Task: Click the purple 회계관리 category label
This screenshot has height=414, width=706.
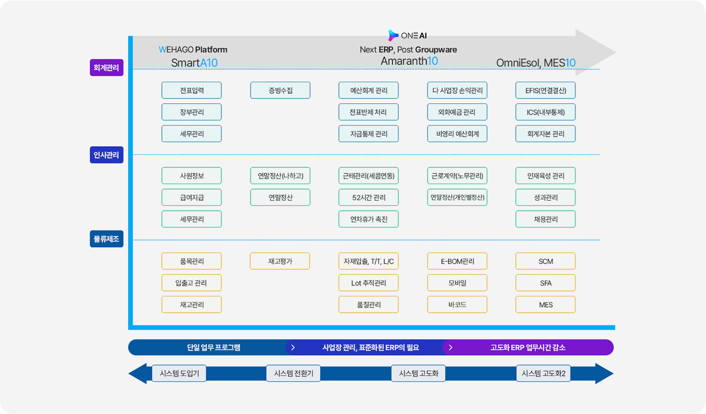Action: pyautogui.click(x=106, y=68)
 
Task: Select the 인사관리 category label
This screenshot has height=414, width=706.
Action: pyautogui.click(x=106, y=155)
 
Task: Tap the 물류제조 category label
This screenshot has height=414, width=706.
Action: pyautogui.click(x=106, y=239)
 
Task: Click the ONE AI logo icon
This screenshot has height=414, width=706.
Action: pyautogui.click(x=393, y=35)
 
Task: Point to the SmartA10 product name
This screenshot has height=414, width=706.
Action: pyautogui.click(x=194, y=63)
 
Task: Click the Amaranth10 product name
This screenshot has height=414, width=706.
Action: pyautogui.click(x=409, y=61)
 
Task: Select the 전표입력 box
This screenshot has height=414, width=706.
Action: pyautogui.click(x=192, y=90)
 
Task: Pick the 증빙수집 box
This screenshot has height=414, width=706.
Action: pyautogui.click(x=280, y=90)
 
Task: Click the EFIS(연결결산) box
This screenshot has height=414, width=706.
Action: pyautogui.click(x=546, y=90)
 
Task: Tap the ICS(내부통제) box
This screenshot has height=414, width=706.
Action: pyautogui.click(x=546, y=112)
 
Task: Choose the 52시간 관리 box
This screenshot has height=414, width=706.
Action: pyautogui.click(x=369, y=198)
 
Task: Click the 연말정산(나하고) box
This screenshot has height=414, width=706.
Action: pyautogui.click(x=280, y=176)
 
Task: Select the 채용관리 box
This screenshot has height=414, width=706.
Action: pyautogui.click(x=546, y=219)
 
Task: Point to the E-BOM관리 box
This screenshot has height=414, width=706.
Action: pyautogui.click(x=457, y=261)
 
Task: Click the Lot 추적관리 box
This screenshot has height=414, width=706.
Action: pyautogui.click(x=369, y=283)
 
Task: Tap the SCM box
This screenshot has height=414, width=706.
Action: pyautogui.click(x=546, y=261)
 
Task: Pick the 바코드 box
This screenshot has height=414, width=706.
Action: pyautogui.click(x=457, y=305)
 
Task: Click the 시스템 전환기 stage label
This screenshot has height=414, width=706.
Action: pyautogui.click(x=293, y=373)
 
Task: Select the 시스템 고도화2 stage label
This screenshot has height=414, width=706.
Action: pyautogui.click(x=544, y=373)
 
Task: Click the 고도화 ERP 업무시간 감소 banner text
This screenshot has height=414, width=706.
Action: pyautogui.click(x=528, y=347)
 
